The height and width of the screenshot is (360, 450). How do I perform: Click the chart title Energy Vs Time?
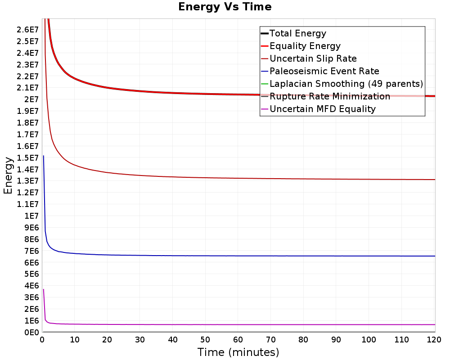coord(225,7)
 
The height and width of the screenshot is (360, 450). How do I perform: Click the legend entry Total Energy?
coord(293,33)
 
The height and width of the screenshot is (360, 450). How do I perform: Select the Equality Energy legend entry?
coord(301,46)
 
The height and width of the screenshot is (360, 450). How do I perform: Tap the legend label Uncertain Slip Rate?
coord(309,58)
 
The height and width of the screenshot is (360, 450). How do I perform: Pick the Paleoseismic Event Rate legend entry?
coord(319,71)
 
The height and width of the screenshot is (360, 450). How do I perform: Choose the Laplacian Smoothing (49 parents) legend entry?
coord(342,84)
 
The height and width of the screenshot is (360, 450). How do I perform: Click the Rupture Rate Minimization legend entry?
coord(325,96)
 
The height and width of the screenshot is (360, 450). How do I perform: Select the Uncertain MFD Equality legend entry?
coord(318,109)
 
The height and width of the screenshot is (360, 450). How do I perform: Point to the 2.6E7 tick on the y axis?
coord(27,30)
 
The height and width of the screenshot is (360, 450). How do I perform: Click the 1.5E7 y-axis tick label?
coord(27,157)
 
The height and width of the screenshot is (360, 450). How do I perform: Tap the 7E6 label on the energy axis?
coord(31,251)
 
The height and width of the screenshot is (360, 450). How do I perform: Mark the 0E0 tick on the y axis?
coord(31,333)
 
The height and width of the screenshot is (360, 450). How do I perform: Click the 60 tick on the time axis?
coord(238,340)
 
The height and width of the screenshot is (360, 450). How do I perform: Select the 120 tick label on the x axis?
coord(434,340)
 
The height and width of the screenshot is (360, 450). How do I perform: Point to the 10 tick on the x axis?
coord(74,340)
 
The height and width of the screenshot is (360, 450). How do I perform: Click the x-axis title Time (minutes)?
coord(238,352)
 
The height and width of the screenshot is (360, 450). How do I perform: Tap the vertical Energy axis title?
coord(8,175)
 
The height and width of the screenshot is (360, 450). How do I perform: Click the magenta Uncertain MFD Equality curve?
coord(238,325)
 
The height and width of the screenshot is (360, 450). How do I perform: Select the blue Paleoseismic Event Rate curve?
coord(238,256)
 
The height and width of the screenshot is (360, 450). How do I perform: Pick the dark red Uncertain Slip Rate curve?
coord(238,178)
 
